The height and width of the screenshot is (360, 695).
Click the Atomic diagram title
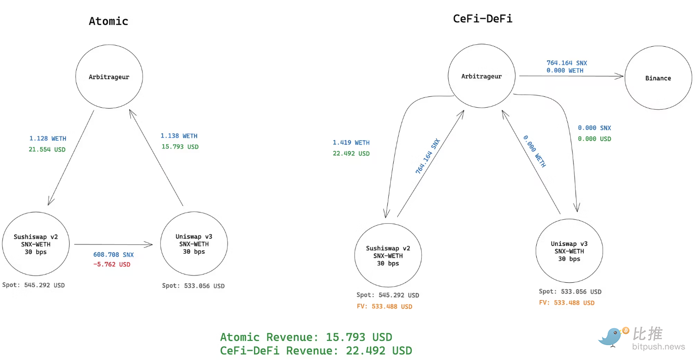[x=108, y=21]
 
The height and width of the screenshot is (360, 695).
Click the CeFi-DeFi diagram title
[x=483, y=19]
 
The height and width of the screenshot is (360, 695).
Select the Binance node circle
[x=658, y=78]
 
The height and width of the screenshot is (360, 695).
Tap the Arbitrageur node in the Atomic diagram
[x=109, y=77]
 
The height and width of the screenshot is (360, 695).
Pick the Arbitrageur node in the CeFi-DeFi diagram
[x=482, y=77]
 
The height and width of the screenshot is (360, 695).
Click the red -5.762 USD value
[x=112, y=265]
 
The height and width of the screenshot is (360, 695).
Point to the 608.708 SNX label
[x=114, y=255]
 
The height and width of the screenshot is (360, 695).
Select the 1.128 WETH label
[x=48, y=139]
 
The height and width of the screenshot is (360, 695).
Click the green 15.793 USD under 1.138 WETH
[x=180, y=147]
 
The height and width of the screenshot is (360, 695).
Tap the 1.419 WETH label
[x=351, y=143]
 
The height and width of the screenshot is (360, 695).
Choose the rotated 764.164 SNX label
[x=428, y=156]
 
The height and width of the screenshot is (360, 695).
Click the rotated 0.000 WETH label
[x=534, y=151]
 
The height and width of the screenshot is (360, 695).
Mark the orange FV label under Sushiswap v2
[x=384, y=306]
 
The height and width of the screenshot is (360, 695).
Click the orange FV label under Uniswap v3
[x=567, y=303]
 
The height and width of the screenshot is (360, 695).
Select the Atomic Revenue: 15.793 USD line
[x=306, y=337]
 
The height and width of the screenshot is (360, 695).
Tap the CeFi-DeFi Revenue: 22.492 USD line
[x=316, y=351]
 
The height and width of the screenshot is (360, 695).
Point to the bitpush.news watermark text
[x=658, y=347]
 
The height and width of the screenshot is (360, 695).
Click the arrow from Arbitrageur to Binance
[x=570, y=76]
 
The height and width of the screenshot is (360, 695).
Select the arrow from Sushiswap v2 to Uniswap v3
[x=114, y=244]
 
